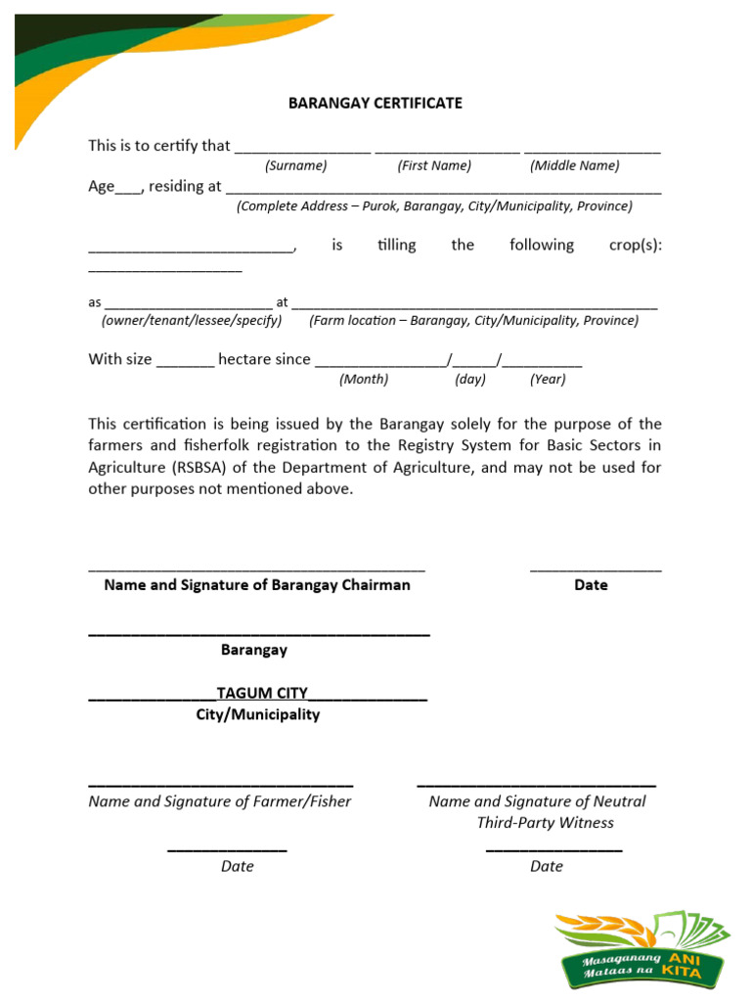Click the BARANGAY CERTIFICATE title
click(375, 103)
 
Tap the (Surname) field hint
click(295, 165)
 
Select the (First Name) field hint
click(434, 165)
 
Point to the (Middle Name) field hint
click(574, 165)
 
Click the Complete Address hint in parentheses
click(434, 206)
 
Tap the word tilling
click(396, 245)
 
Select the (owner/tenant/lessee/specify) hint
click(192, 321)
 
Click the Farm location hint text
click(473, 321)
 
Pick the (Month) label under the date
click(364, 380)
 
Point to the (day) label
click(470, 380)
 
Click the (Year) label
click(548, 380)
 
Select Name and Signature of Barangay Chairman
click(257, 585)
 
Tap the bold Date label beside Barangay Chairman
click(591, 585)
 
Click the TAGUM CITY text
click(262, 694)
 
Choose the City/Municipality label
click(257, 715)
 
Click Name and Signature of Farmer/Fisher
click(220, 801)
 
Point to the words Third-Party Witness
click(545, 823)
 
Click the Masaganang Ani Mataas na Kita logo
click(641, 950)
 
